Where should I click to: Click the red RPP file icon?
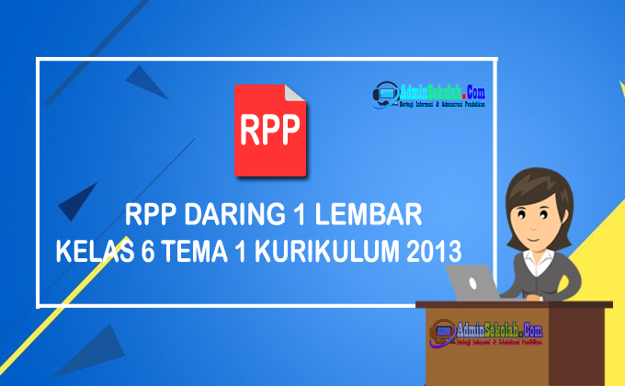click(269, 130)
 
